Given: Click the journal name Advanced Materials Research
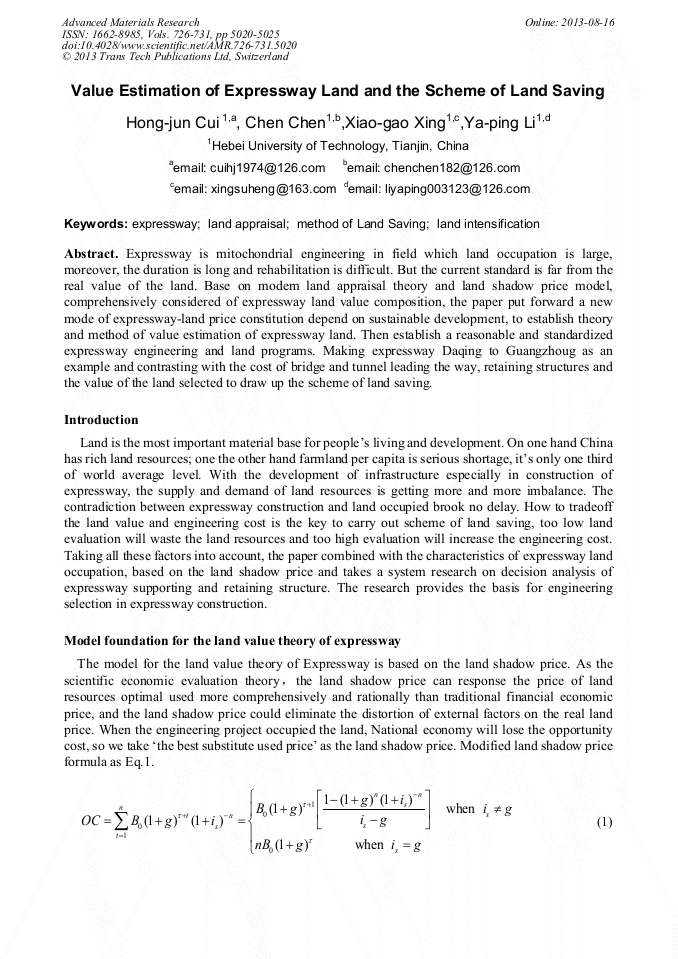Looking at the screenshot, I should tap(131, 22).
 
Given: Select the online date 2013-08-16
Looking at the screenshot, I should tap(570, 22).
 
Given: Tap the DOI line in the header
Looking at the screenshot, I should tap(179, 45).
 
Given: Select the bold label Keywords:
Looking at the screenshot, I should tap(96, 224).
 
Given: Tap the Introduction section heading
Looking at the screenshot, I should tap(101, 420).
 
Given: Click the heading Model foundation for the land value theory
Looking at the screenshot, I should tap(232, 640).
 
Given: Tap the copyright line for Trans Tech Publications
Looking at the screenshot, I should tap(175, 57).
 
